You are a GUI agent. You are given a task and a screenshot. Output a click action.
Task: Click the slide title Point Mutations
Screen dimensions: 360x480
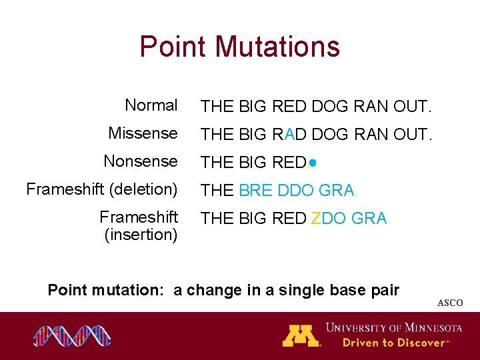pyautogui.click(x=239, y=47)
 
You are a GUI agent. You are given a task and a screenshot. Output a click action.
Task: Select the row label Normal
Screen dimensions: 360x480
pyautogui.click(x=151, y=105)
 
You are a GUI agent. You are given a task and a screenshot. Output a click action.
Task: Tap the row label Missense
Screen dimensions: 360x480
pyautogui.click(x=143, y=133)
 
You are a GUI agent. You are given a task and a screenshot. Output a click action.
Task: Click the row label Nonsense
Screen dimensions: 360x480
pyautogui.click(x=141, y=161)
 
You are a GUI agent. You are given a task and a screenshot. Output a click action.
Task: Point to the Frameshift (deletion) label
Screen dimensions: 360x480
pyautogui.click(x=102, y=189)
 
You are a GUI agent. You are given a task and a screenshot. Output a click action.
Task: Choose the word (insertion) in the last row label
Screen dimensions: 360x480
pyautogui.click(x=141, y=235)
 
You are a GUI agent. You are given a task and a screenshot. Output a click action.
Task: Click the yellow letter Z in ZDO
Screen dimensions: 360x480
pyautogui.click(x=316, y=219)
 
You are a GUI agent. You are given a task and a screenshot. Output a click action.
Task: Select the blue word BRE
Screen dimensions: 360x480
pyautogui.click(x=255, y=191)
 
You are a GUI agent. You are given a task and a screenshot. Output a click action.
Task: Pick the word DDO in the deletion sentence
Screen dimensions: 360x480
pyautogui.click(x=295, y=191)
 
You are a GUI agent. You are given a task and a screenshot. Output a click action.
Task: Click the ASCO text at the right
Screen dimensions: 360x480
pyautogui.click(x=449, y=303)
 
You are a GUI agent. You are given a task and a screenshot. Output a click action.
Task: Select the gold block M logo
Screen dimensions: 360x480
pyautogui.click(x=301, y=335)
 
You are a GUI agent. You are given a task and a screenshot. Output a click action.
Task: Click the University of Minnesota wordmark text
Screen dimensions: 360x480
pyautogui.click(x=394, y=328)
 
